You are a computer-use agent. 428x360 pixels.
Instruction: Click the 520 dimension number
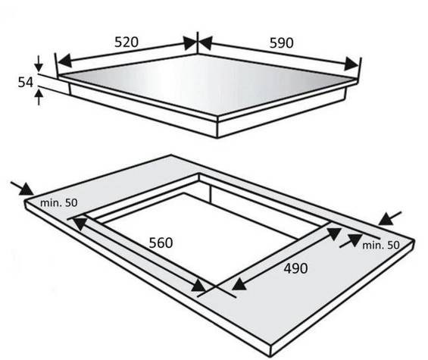pos(127,42)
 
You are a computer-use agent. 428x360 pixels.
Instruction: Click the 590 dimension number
pos(282,43)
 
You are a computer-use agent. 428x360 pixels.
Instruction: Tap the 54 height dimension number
pos(26,82)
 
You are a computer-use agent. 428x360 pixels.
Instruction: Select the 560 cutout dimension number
pos(161,243)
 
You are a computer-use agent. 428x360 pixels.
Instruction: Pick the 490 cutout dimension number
pos(295,268)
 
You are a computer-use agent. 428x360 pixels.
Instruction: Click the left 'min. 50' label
pos(58,203)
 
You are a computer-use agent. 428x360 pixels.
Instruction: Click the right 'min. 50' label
pos(381,246)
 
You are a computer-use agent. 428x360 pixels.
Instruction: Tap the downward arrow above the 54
pos(39,64)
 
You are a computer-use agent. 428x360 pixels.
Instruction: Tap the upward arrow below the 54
pos(39,97)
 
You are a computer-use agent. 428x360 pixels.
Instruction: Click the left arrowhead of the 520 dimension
pos(64,61)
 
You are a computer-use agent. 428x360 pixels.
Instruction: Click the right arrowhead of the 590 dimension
pos(351,64)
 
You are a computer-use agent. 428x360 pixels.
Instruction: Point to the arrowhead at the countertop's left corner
pos(27,189)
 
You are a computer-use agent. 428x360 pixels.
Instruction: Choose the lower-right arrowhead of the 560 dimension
pos(198,286)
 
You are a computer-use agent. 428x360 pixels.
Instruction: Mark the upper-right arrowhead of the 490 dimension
pos(333,233)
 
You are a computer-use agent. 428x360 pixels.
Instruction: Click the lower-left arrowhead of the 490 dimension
pos(239,285)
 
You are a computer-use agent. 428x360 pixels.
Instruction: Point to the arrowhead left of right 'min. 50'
pos(355,239)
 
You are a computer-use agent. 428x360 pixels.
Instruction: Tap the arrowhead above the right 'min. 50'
pos(386,220)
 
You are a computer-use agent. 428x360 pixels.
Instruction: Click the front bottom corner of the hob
pos(217,137)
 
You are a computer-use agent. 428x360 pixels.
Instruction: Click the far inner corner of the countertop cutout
pos(199,174)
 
